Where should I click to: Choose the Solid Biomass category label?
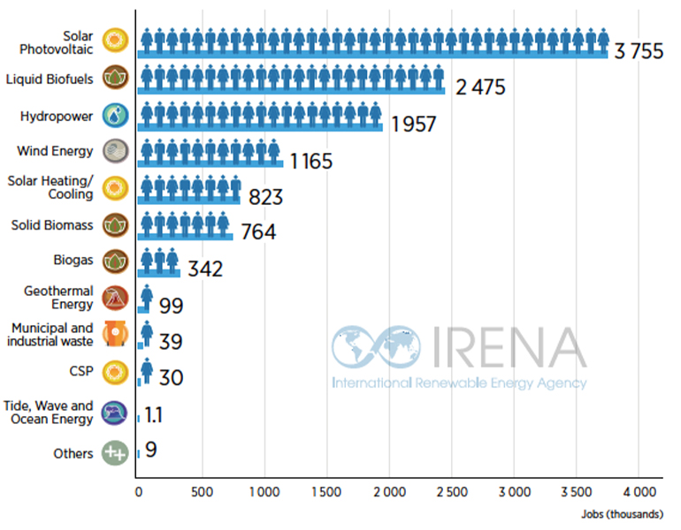52,226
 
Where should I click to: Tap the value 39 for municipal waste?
171,341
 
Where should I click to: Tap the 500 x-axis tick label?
201,490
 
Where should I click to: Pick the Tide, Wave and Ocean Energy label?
48,413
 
